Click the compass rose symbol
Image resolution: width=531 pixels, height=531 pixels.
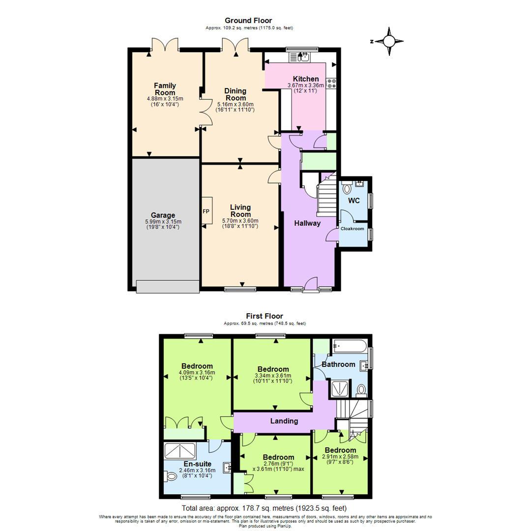389,41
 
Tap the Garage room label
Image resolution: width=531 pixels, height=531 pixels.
163,215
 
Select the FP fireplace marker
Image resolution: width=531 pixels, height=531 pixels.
206,211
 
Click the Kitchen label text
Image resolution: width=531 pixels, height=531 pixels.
306,79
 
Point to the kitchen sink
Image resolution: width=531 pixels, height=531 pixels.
301,57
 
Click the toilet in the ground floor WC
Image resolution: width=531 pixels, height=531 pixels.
346,188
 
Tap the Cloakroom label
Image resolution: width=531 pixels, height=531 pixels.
353,229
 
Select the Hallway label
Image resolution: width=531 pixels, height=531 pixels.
307,223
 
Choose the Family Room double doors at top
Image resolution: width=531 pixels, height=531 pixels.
164,45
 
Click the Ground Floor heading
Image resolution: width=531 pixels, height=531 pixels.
248,20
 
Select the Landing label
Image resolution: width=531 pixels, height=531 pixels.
284,421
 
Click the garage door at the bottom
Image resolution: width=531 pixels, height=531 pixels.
167,286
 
